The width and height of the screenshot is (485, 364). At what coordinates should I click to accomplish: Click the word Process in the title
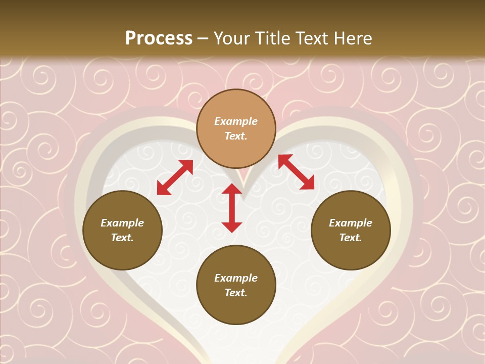tap(159, 38)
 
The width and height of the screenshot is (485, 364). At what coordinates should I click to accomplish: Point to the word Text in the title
tap(311, 38)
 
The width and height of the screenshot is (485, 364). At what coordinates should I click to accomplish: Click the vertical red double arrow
tap(232, 208)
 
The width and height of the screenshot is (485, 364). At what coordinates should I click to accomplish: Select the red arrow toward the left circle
tap(175, 177)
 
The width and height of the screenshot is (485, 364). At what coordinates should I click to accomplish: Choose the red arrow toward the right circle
tap(297, 172)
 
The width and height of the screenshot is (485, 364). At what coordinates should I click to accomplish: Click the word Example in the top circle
tap(236, 121)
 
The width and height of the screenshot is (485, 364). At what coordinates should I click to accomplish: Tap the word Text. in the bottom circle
tap(236, 293)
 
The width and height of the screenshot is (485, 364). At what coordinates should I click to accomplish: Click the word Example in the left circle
tap(122, 223)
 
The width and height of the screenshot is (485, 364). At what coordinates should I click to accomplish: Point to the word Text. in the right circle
tap(351, 238)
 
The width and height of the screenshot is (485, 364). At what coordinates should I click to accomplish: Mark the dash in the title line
tap(203, 39)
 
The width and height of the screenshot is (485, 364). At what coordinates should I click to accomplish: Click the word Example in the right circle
tap(351, 223)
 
